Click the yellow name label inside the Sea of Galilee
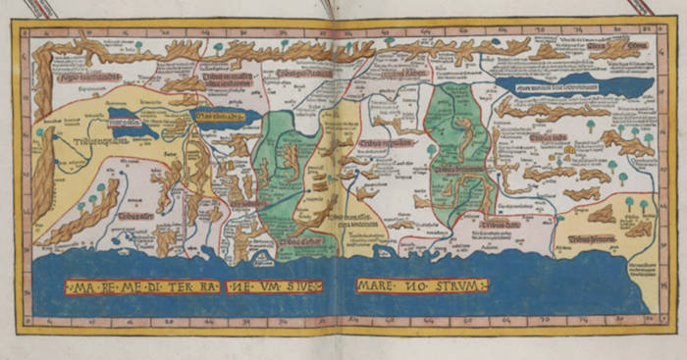coord(225,119)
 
